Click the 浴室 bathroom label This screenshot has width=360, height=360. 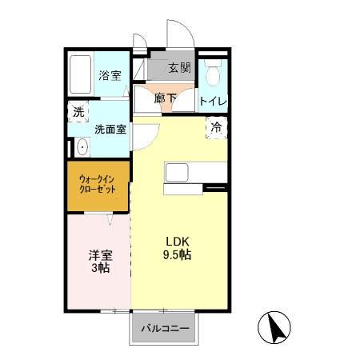point(109,76)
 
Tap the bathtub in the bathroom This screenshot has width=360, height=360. point(80,76)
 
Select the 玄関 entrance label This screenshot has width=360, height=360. point(179,69)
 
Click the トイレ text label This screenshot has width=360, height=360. point(212,102)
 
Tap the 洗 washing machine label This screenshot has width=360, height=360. point(78,113)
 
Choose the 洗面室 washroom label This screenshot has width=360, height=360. point(110,128)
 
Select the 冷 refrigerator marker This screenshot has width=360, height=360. point(216,126)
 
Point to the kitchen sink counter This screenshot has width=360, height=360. point(177,172)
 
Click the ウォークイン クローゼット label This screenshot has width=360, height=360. point(97,185)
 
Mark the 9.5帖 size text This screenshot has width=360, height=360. point(178,255)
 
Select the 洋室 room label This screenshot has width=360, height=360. point(100,256)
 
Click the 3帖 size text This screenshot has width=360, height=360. point(100,270)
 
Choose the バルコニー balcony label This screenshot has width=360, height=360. point(165,329)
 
